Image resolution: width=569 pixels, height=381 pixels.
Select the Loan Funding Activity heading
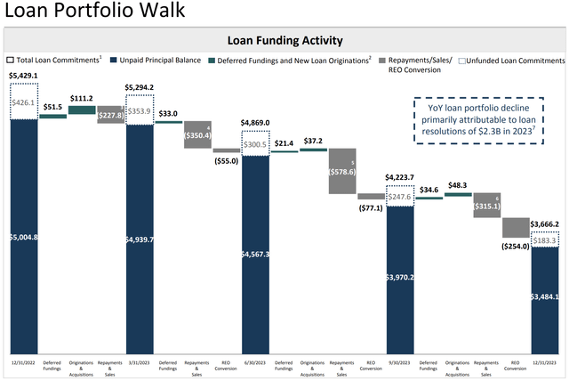(x=284, y=40)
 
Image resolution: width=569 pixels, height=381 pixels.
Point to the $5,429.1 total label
(x=23, y=76)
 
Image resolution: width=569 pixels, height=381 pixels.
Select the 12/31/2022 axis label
(x=23, y=362)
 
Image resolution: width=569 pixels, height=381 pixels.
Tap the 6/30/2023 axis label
(x=255, y=362)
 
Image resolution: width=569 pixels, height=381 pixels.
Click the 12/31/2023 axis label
(x=544, y=362)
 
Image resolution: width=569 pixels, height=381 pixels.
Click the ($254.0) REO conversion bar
(x=516, y=227)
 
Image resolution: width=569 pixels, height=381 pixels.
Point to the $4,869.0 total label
(x=255, y=123)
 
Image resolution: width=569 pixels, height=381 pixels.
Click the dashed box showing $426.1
(x=23, y=102)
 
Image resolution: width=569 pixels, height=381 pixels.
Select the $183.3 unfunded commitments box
(x=544, y=240)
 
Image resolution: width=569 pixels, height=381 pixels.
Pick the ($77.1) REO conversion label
(x=371, y=207)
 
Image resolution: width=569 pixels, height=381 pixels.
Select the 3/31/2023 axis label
(x=140, y=362)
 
